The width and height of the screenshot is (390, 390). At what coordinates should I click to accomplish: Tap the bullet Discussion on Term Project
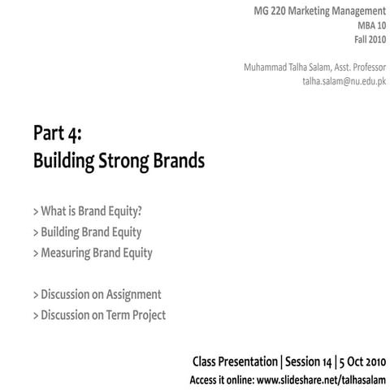click(99, 314)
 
